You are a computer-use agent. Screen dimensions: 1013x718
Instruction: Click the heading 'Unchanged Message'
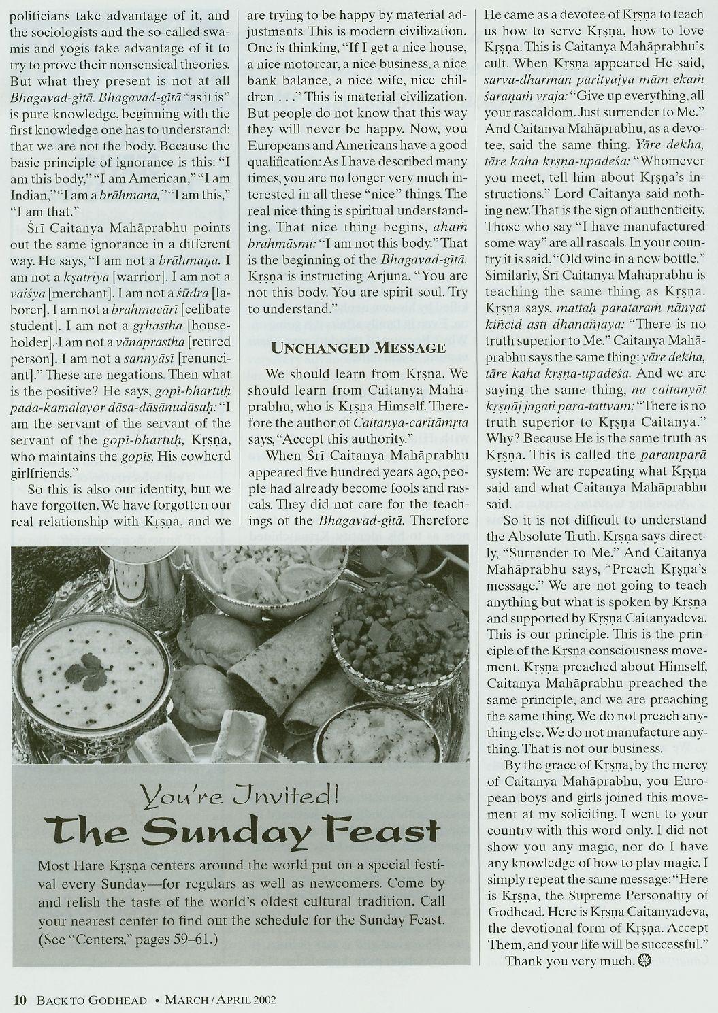pos(359,348)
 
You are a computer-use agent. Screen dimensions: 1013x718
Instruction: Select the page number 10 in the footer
pos(20,999)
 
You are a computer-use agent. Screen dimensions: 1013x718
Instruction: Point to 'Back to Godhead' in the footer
pos(92,999)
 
